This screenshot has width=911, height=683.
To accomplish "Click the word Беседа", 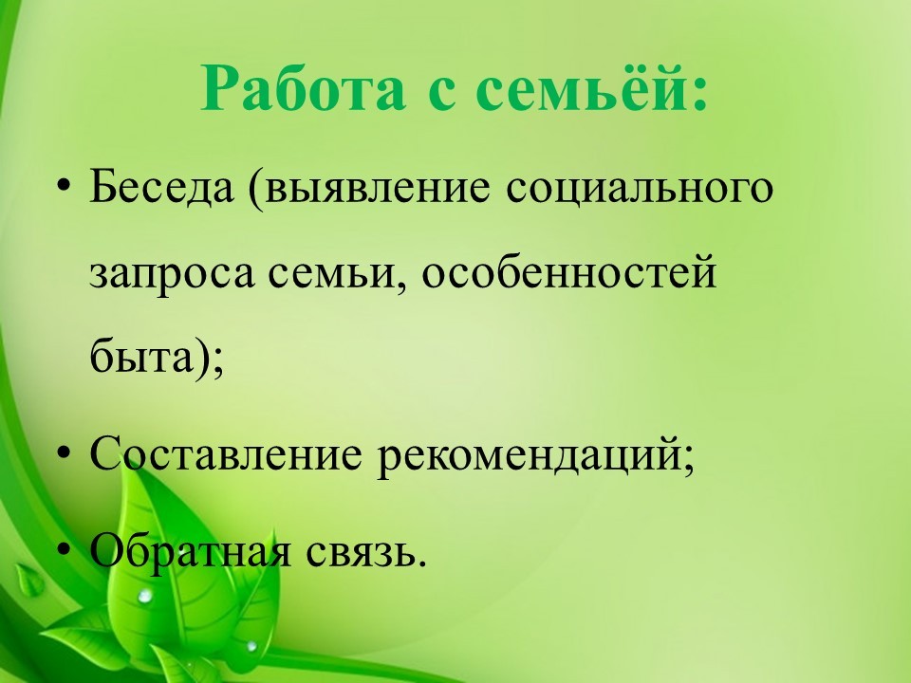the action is (x=161, y=188).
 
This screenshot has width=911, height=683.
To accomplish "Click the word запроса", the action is (x=172, y=275).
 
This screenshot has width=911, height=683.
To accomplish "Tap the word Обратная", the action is (x=190, y=549).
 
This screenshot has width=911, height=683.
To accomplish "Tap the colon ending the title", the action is (x=698, y=94).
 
